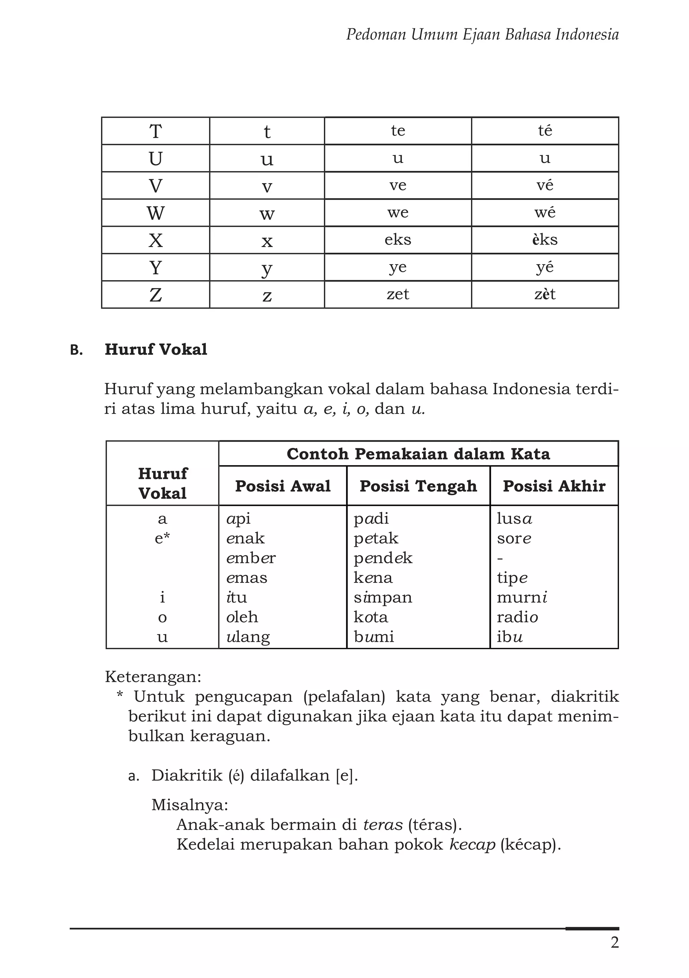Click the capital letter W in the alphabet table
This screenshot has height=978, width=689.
tap(155, 213)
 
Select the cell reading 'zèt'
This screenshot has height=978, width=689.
tap(545, 294)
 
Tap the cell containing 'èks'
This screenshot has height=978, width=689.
tap(545, 240)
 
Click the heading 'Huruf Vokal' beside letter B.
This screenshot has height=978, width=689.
tap(156, 349)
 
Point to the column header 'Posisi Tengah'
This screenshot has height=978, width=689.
tap(418, 486)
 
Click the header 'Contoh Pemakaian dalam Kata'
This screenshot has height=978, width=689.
tap(418, 454)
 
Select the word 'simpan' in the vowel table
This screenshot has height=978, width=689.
tap(383, 598)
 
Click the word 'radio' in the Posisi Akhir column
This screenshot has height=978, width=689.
tap(517, 617)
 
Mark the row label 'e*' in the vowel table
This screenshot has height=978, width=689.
tap(162, 538)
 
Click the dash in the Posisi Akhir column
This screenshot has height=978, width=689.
tap(500, 558)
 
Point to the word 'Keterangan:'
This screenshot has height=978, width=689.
tap(153, 676)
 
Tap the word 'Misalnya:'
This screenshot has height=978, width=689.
tap(190, 805)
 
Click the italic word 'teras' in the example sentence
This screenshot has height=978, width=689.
tap(383, 825)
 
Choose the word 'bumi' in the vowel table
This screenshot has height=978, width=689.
tap(373, 637)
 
